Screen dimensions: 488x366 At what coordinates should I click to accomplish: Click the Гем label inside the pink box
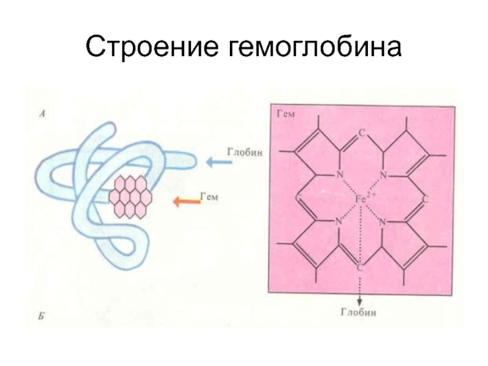[285, 113]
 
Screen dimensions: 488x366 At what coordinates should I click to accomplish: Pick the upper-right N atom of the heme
[384, 176]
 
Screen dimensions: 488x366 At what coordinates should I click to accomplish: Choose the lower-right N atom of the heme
[384, 222]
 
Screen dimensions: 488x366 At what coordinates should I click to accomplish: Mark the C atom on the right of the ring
[426, 199]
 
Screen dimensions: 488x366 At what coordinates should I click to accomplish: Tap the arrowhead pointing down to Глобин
[361, 301]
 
